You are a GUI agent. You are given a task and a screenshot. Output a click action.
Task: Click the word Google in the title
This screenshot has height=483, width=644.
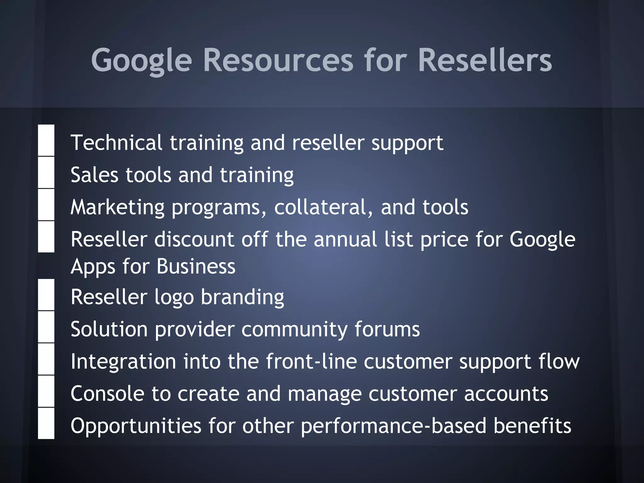141,60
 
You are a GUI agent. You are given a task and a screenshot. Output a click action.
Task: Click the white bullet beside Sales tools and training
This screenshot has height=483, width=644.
46,173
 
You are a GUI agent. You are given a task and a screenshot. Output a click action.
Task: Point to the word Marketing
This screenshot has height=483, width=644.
118,208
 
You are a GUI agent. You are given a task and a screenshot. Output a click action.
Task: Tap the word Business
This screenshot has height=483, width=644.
196,266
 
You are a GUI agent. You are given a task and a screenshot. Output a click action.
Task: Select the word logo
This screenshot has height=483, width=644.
174,297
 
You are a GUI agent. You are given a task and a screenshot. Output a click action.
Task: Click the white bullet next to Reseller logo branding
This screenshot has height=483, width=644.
46,295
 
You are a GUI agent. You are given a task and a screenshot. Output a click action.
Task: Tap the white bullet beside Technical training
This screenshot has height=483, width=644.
46,140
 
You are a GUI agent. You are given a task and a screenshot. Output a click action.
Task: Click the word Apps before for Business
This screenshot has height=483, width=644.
93,267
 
